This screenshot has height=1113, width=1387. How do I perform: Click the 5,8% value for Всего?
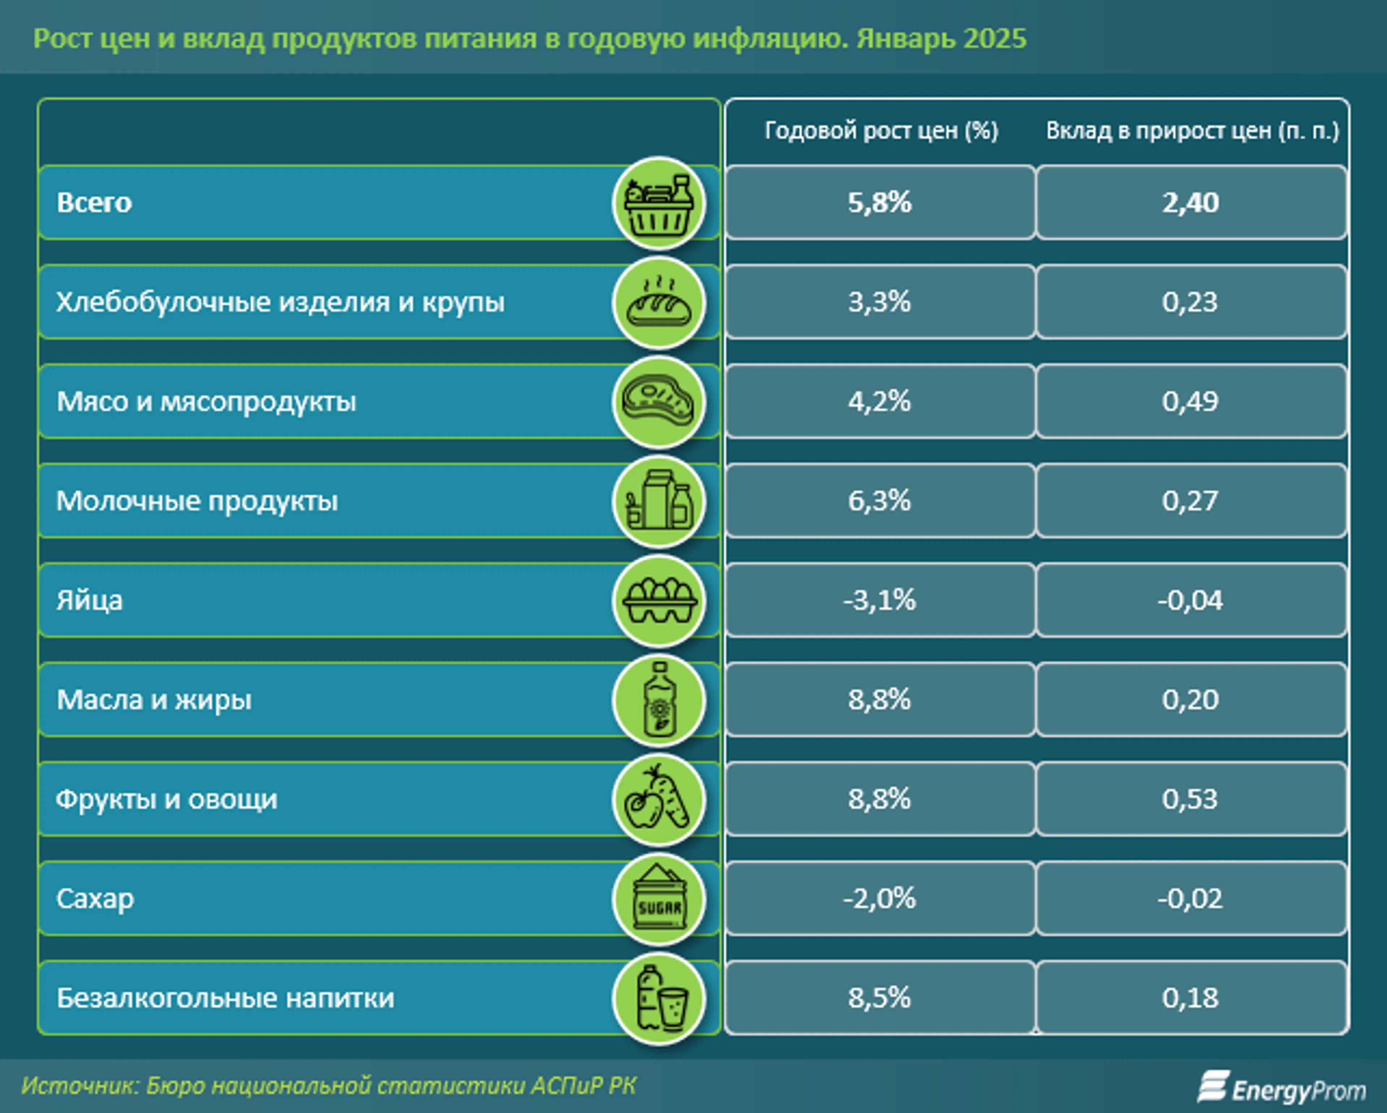(880, 203)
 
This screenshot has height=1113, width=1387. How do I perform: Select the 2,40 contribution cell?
(1190, 203)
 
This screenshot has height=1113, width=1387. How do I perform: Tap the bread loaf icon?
(659, 302)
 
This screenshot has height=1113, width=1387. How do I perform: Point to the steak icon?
(659, 402)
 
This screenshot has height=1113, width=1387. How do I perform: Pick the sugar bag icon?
(659, 899)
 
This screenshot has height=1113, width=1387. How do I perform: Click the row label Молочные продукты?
(197, 501)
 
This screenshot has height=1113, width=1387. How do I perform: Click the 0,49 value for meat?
(1190, 402)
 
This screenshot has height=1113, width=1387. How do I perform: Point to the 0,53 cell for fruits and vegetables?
(1190, 799)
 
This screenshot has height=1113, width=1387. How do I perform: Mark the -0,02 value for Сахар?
(1190, 899)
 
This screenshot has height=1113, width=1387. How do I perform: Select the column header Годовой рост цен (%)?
(881, 131)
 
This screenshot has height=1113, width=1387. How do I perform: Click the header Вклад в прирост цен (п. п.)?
(1192, 131)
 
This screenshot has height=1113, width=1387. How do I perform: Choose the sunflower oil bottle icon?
(659, 700)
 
